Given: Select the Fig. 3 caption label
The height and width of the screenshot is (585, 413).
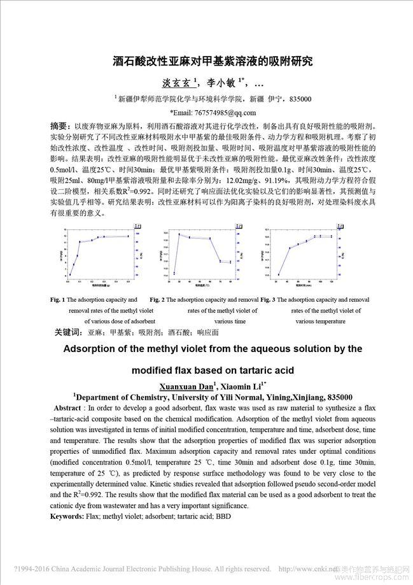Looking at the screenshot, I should click(x=267, y=299).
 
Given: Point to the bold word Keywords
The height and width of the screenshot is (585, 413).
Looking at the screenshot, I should click(x=67, y=517).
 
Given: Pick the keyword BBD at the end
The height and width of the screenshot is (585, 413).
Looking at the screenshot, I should click(x=223, y=517).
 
